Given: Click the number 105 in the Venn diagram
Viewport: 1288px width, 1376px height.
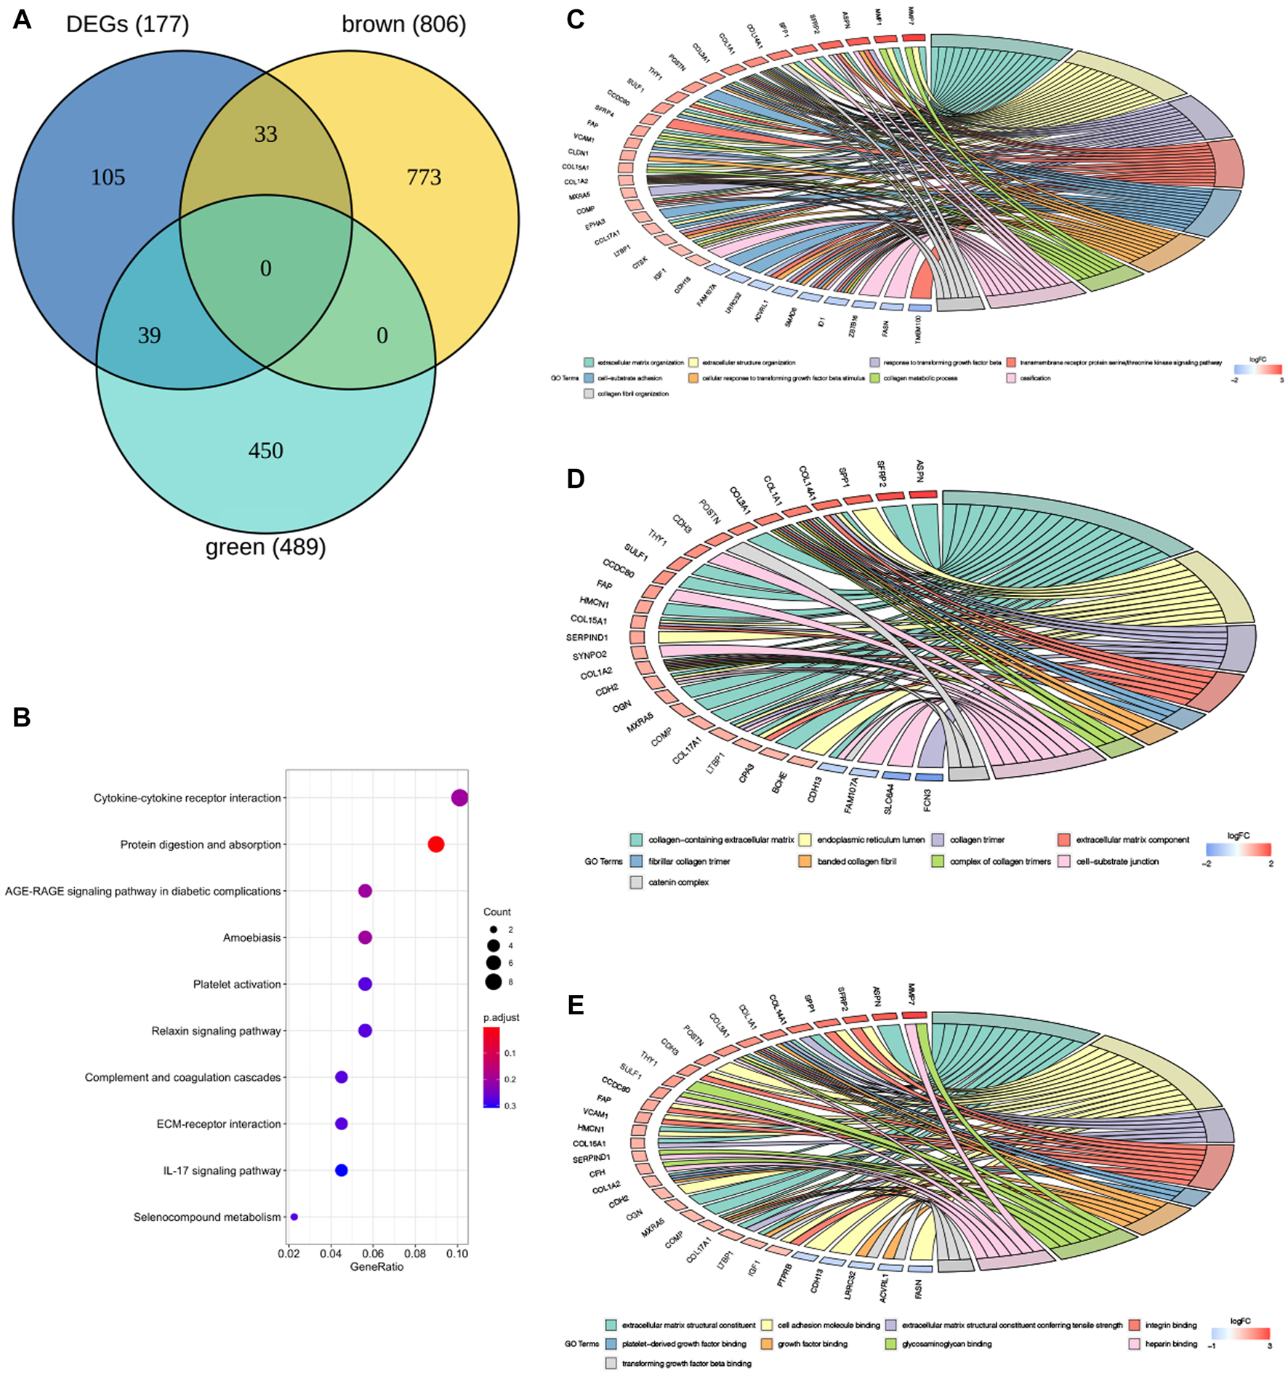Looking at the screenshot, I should coord(108,177).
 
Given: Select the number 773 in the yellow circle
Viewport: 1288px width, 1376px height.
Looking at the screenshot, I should coord(424,177).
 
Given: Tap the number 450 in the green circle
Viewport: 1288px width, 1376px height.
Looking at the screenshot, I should coord(265,451).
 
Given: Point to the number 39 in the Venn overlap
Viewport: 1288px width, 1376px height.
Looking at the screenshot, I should coord(149,335).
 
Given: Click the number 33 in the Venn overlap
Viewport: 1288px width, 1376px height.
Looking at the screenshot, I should coord(265,135).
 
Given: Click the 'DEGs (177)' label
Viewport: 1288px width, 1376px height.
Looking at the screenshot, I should coord(127,25).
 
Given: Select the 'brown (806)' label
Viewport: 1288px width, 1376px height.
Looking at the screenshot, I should coord(403,25).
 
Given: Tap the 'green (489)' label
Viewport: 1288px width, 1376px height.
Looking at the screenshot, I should coord(265,547).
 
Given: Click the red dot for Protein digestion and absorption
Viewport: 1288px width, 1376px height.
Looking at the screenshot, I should coord(435,844).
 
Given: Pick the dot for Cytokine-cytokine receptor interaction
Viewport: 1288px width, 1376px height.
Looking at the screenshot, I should coord(459,798).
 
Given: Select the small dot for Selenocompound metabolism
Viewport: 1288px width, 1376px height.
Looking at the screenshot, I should coord(294,1217).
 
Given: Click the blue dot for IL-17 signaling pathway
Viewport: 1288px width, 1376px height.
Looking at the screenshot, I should coord(341,1170).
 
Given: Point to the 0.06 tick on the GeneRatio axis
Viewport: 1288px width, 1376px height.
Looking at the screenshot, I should coord(373,1253).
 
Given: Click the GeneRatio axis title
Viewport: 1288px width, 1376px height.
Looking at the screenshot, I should coord(377,1267).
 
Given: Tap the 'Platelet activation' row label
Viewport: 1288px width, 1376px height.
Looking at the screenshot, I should coord(236,984).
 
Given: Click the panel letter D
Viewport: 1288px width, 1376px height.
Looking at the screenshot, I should coord(575,479).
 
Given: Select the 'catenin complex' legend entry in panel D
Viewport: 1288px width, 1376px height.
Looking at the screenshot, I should coord(677,882).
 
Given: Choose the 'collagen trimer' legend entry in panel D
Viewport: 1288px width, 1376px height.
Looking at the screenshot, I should coord(976,840).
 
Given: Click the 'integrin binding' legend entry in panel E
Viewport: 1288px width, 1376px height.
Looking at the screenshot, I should coord(1170,1325).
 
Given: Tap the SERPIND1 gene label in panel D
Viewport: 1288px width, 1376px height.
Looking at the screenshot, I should coord(587,638).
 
